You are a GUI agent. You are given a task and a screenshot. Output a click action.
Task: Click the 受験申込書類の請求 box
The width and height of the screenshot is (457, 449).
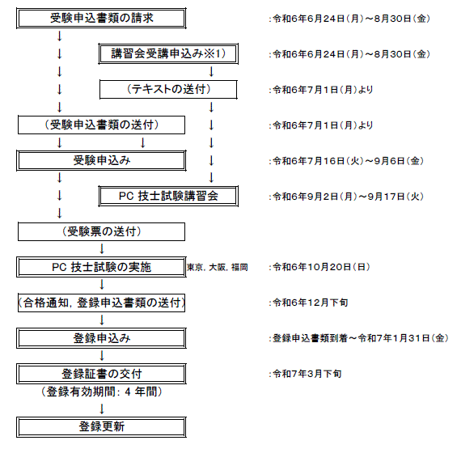click(101, 19)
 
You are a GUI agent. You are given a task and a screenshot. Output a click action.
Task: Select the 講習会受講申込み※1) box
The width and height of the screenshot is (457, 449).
click(168, 53)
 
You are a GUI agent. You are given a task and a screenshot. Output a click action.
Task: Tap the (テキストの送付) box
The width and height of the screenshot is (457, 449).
click(168, 90)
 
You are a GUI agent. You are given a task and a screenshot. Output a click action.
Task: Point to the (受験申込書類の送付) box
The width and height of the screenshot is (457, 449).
click(101, 125)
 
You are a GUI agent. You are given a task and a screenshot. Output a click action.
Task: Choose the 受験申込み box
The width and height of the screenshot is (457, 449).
click(101, 161)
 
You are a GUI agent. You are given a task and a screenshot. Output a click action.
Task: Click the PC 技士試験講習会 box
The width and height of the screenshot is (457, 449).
click(168, 197)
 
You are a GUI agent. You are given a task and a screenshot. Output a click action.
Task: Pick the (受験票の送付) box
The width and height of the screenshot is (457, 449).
click(101, 232)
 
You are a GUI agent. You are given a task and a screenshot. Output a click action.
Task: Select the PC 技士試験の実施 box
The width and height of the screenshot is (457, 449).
click(101, 267)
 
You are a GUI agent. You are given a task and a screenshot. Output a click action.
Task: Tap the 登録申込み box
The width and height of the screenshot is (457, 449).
click(101, 338)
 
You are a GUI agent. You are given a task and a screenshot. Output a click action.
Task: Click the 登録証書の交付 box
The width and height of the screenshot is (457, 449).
click(101, 374)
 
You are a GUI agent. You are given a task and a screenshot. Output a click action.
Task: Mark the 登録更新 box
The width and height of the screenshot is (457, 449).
click(101, 427)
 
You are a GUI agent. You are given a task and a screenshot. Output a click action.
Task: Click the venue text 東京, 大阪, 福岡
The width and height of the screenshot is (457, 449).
click(218, 267)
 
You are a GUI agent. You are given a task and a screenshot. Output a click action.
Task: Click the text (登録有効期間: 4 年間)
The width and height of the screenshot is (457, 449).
click(101, 392)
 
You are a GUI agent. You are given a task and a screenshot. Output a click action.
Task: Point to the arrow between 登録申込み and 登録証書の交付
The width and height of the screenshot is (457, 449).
click(102, 356)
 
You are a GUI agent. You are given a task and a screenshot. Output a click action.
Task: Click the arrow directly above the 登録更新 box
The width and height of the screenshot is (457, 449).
click(102, 409)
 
